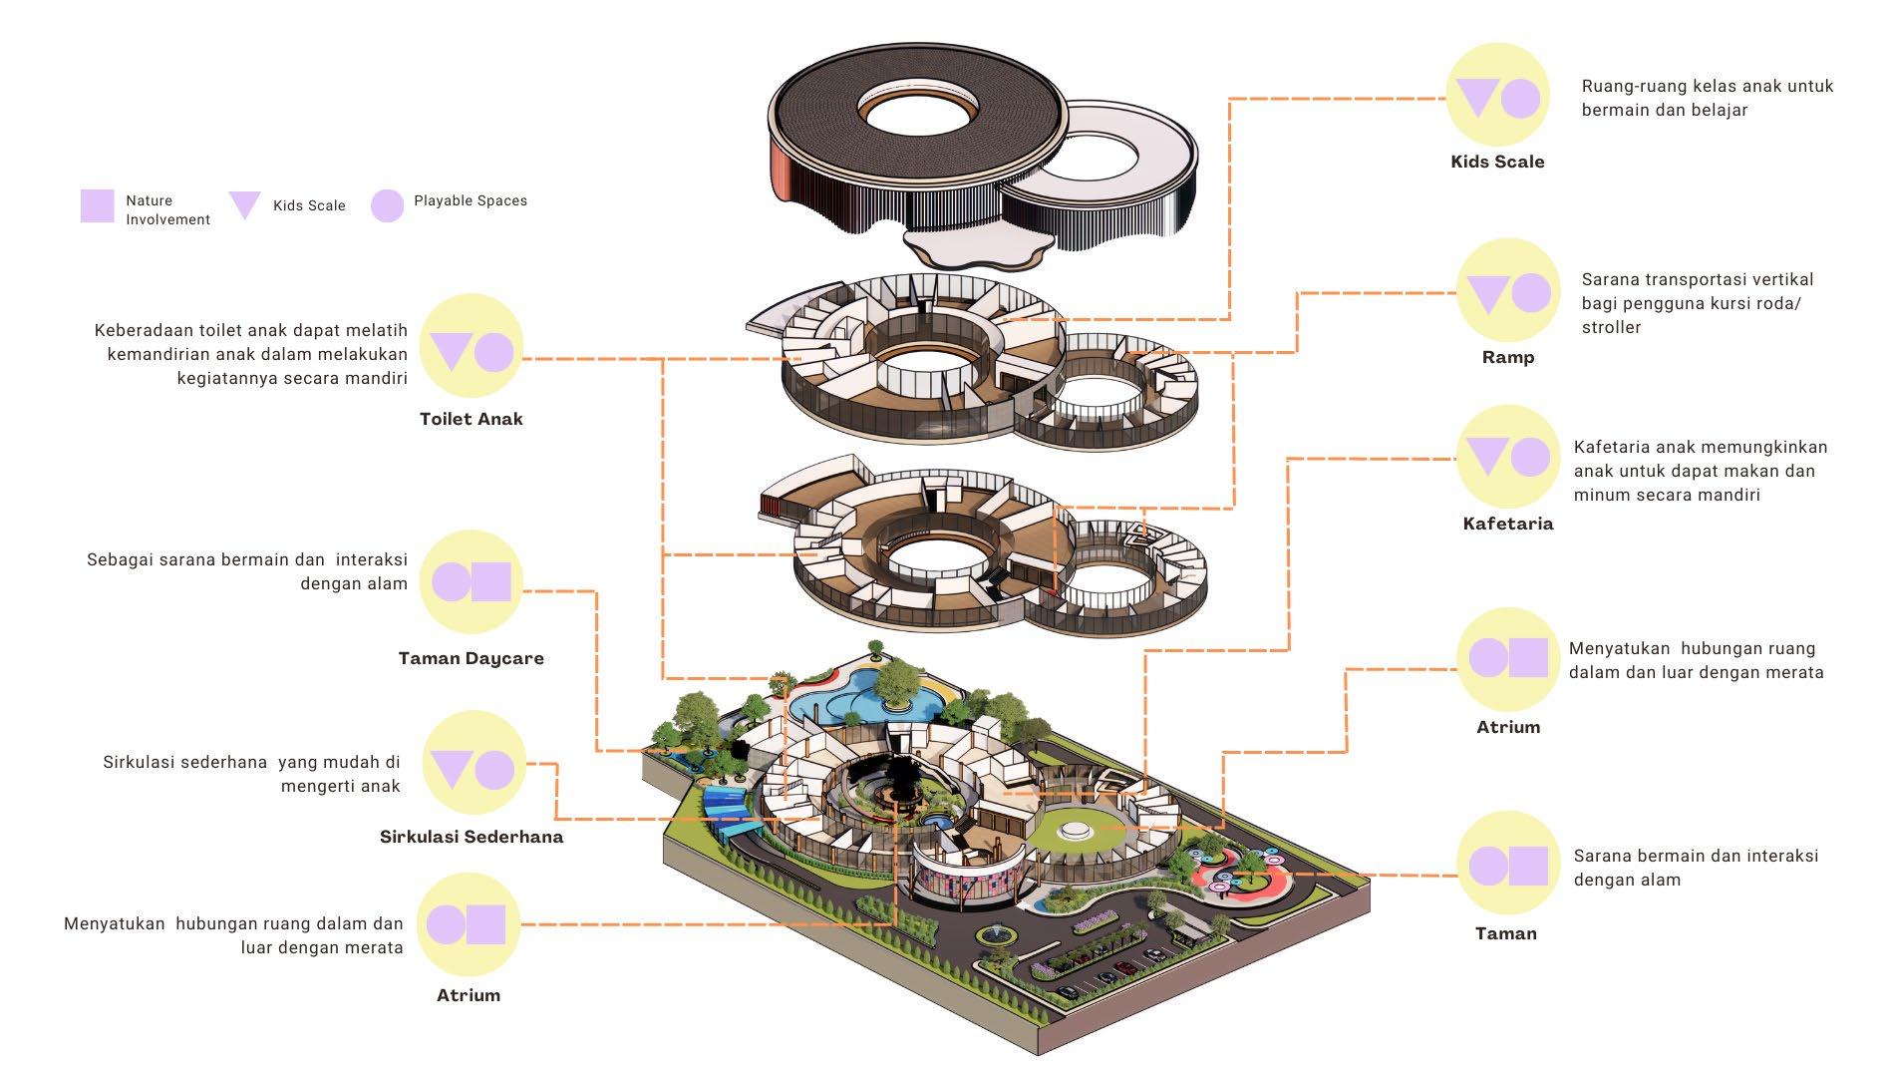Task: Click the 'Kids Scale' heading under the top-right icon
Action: click(1497, 162)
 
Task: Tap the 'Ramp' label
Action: click(1507, 357)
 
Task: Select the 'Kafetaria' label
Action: click(1507, 524)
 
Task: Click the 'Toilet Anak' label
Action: click(471, 419)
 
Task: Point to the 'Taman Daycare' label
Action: click(471, 658)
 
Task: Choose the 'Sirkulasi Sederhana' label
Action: click(471, 837)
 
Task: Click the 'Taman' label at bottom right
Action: click(1505, 933)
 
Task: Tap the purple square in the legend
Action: click(97, 205)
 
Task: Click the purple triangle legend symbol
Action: click(244, 204)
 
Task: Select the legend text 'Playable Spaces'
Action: click(471, 200)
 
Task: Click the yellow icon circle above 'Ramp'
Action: click(1507, 292)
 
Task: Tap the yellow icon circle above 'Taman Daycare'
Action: click(471, 581)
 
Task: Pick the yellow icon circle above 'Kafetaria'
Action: click(1507, 457)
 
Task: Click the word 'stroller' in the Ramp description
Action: click(1611, 327)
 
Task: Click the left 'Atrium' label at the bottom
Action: click(468, 995)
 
